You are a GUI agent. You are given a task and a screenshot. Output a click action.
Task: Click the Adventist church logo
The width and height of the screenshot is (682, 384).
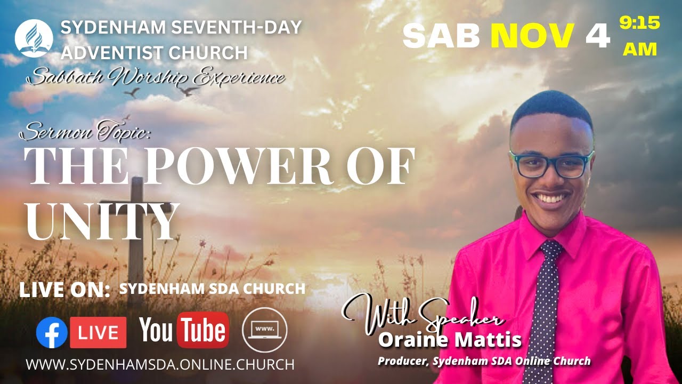coord(34,38)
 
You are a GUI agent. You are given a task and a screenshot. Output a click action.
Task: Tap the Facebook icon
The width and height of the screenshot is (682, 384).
coord(52,333)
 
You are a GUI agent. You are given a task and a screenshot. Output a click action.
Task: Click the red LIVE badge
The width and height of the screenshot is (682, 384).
coord(99,333)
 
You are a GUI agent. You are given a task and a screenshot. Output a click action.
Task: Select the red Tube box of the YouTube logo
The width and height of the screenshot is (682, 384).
coord(203,330)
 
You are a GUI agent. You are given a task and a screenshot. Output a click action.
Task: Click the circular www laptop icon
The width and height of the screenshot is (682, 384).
coord(264,331)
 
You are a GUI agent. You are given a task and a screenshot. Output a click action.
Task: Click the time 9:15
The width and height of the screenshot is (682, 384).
coord(639,23)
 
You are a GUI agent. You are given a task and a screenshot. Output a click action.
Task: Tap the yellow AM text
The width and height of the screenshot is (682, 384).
coord(640,49)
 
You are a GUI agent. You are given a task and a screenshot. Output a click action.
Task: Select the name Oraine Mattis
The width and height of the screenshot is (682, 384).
coord(450,339)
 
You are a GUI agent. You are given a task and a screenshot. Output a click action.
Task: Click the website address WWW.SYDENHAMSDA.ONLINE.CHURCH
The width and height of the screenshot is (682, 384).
coord(160,365)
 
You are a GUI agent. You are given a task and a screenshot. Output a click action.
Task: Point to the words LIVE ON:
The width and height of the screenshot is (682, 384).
coord(64,290)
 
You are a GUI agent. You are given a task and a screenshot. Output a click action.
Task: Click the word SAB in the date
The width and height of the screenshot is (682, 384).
coord(441,36)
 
